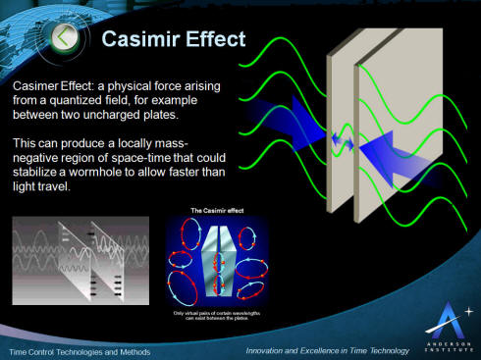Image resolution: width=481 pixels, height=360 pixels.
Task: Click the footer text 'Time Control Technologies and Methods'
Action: tap(79, 350)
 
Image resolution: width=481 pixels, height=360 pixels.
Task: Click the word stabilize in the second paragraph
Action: tap(38, 176)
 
